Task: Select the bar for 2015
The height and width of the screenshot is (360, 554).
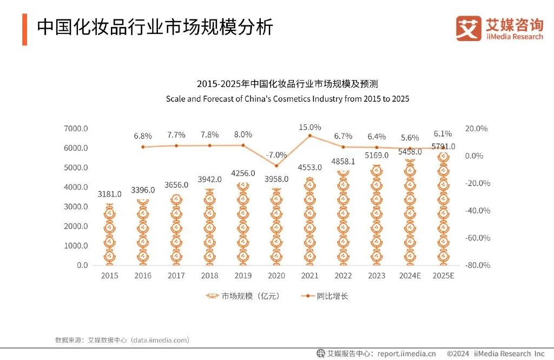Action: pos(109,235)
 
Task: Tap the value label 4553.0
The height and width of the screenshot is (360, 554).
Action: pos(309,168)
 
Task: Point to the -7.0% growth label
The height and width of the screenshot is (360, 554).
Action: pos(276,155)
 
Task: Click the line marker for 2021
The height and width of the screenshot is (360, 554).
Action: pos(309,136)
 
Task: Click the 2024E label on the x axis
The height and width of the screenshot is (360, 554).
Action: pos(410,276)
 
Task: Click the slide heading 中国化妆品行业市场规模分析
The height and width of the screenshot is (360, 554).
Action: pos(155,28)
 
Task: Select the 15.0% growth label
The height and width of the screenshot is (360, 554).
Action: pos(310,128)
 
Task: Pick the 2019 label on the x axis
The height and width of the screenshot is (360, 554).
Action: pos(243,276)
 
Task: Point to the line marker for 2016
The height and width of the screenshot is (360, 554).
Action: pos(143,146)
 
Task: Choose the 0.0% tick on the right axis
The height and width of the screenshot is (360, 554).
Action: pos(478,156)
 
